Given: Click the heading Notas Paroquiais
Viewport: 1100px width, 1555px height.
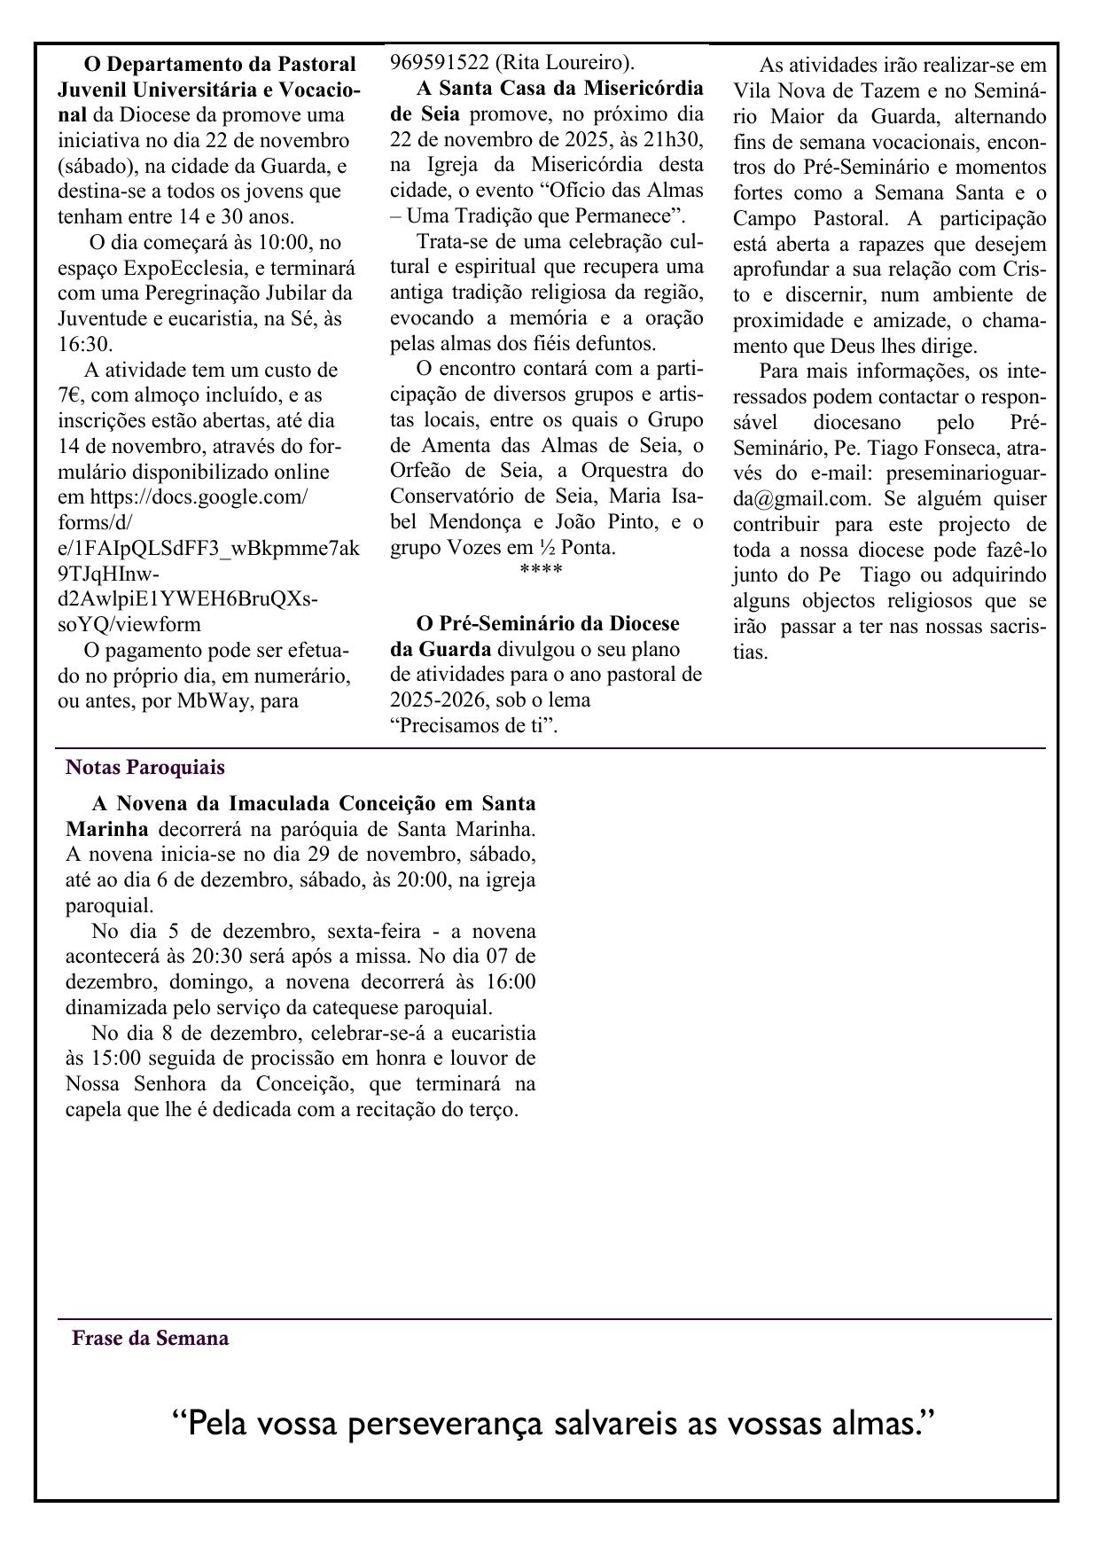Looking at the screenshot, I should tap(144, 767).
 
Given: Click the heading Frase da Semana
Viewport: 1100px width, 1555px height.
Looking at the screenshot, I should tap(150, 1338).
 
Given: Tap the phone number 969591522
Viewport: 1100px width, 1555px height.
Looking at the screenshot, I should tap(439, 62).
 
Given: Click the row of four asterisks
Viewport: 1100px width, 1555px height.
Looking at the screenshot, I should tap(541, 568).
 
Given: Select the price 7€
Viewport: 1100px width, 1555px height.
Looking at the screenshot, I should tap(69, 395).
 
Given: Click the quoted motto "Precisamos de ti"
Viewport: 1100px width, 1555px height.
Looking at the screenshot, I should tap(474, 726).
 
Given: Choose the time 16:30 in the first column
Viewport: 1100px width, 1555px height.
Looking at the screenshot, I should tap(85, 344).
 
